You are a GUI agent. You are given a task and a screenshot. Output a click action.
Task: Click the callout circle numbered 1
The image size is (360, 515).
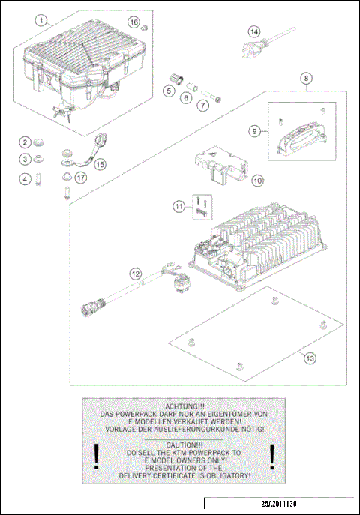pos(41,21)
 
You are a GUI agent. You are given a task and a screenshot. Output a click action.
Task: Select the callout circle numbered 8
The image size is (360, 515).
pos(306,78)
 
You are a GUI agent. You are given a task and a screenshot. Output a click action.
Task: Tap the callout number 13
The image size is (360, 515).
pos(310,358)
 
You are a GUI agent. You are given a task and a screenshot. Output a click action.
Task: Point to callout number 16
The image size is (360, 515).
pos(133,22)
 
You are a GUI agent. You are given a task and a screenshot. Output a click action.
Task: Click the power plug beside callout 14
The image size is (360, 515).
pos(255,49)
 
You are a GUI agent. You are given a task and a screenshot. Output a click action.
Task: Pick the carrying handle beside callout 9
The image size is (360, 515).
pos(302,137)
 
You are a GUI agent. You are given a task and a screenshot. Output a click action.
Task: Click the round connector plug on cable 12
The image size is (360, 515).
pos(93,305)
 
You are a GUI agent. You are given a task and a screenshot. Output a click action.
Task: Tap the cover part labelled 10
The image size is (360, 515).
pos(220,166)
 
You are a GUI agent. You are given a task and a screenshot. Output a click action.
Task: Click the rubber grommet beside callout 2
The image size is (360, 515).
pos(38,142)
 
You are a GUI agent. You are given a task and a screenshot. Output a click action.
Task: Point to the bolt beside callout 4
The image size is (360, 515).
pos(38,179)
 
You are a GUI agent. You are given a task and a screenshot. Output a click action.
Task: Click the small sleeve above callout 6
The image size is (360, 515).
pos(191,87)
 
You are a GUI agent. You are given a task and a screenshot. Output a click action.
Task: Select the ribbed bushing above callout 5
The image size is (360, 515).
pos(177,79)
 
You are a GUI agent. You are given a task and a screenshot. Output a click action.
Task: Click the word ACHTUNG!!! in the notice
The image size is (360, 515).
pos(182,406)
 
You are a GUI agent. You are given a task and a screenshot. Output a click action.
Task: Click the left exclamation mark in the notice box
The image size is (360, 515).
pos(96,457)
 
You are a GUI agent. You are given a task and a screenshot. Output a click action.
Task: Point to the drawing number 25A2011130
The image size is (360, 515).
pos(279,504)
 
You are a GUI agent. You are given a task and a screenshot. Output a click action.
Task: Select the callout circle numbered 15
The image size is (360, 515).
pos(100,164)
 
